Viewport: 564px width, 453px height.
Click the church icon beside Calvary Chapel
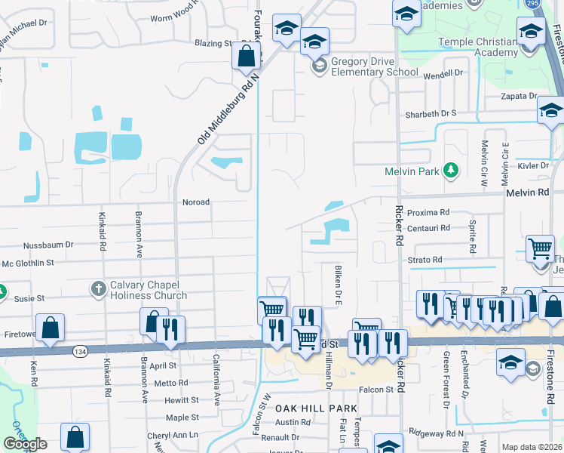coord(98,288)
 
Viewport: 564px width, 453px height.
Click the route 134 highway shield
coord(79,351)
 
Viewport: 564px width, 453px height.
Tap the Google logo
coord(24,444)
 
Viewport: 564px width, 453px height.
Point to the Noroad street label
coord(195,202)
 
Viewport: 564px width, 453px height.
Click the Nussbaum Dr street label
coord(48,245)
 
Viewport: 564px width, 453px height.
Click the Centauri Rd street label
coord(428,227)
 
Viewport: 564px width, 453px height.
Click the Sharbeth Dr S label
coord(428,113)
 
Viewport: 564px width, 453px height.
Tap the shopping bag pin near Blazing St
coord(246,56)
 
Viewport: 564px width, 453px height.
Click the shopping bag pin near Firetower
coord(50,328)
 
